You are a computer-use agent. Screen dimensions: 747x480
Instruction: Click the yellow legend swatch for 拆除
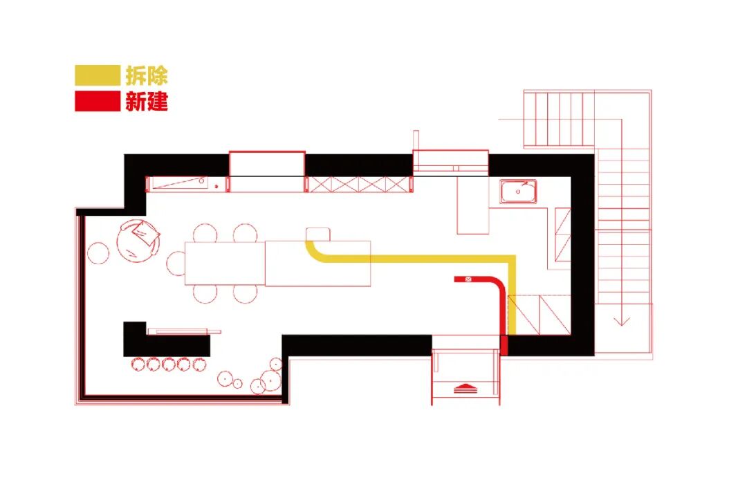coord(98,75)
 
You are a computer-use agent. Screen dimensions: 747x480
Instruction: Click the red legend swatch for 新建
coord(98,102)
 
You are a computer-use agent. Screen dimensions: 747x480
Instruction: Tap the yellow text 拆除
coord(147,75)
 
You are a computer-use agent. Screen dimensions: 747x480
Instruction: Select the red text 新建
coord(147,102)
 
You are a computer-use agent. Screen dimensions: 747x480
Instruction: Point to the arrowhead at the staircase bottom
coord(622,320)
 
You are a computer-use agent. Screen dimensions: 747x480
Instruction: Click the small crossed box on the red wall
coord(468,279)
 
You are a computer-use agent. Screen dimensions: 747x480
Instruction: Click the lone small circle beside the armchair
coord(98,254)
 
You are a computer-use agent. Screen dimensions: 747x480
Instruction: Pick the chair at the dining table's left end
coord(176,263)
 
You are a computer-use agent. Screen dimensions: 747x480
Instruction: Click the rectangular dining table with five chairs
coord(225,263)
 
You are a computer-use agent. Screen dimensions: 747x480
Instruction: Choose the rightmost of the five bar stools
coord(200,364)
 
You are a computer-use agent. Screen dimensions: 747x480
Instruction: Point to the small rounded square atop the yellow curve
coord(317,233)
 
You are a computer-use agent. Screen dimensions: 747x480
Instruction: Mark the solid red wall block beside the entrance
coord(504,345)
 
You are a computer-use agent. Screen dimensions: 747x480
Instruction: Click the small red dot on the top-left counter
coord(216,187)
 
